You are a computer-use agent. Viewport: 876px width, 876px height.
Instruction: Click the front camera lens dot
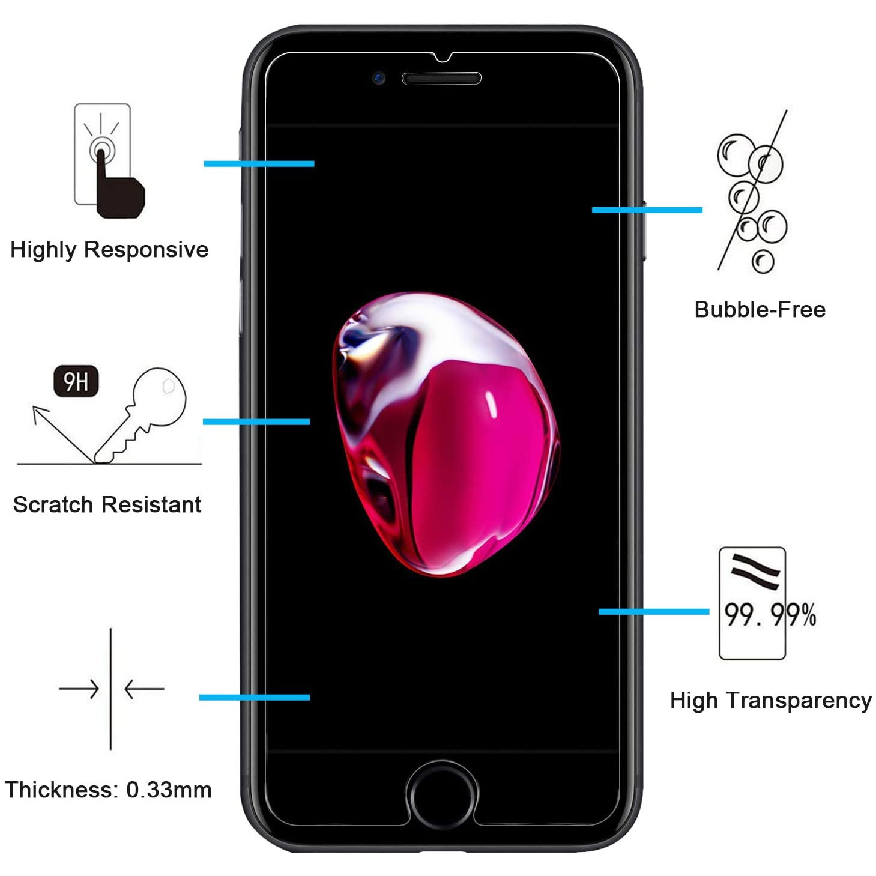coord(379,79)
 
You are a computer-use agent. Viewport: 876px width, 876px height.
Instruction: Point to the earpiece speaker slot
coord(441,79)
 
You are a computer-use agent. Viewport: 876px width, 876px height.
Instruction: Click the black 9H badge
coord(76,381)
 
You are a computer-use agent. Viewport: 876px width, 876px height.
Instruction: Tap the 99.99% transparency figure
coord(770,615)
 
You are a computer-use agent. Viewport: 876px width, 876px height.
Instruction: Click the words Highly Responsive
coord(109,250)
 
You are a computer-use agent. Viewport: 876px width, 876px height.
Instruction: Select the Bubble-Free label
coord(760,310)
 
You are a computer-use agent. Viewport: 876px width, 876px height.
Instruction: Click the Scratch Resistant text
coord(107,504)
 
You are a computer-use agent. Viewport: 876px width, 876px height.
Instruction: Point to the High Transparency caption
coord(771,701)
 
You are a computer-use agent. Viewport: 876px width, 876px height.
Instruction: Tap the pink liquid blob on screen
coord(446,434)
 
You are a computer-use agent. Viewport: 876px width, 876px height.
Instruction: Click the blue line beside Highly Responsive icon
coord(259,164)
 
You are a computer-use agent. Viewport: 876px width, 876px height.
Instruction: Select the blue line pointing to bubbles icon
coord(647,210)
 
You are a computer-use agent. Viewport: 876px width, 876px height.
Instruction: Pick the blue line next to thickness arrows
coord(255,697)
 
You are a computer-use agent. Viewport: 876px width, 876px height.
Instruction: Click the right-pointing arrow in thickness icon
coord(79,689)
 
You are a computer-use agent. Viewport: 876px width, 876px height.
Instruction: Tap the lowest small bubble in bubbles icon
coord(763,261)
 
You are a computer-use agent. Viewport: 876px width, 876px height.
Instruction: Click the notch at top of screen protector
coord(442,57)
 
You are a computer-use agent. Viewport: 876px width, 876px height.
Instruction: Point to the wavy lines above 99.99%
coord(755,572)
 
